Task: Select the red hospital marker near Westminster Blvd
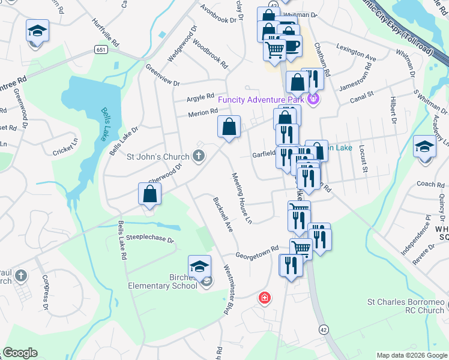click(x=264, y=298)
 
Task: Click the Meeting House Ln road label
click(x=241, y=197)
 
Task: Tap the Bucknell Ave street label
click(x=223, y=214)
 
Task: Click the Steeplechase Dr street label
click(x=154, y=239)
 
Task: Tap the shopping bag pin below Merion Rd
click(x=229, y=127)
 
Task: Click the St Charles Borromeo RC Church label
click(x=406, y=306)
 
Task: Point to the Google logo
click(x=20, y=353)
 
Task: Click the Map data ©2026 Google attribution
click(x=411, y=355)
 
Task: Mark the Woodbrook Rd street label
click(x=207, y=54)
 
